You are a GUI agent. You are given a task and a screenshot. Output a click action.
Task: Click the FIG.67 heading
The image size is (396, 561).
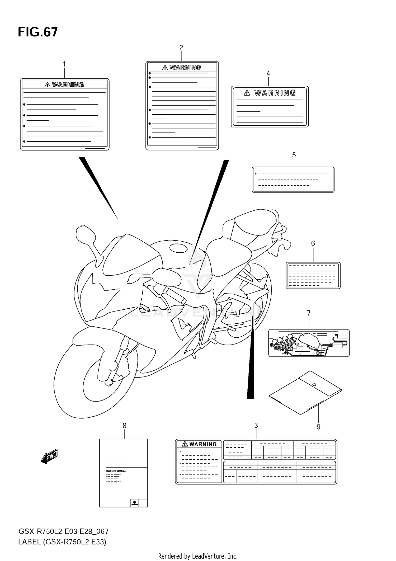click(x=38, y=32)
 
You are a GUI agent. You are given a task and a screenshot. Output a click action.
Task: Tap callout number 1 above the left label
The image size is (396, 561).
click(x=64, y=64)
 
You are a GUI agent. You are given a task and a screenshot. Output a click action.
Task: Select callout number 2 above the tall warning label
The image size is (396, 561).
click(x=181, y=48)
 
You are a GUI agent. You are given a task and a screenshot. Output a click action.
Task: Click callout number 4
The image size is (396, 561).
click(x=268, y=73)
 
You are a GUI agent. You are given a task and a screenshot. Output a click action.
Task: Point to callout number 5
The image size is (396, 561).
click(x=294, y=155)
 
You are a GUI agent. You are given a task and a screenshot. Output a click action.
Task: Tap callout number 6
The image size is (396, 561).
click(x=313, y=243)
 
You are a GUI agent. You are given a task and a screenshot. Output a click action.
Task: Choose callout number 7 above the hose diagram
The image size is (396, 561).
click(x=309, y=313)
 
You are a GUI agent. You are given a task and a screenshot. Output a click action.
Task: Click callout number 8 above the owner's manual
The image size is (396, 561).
click(x=124, y=426)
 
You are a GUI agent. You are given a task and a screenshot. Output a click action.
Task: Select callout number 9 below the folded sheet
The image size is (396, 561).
click(x=318, y=427)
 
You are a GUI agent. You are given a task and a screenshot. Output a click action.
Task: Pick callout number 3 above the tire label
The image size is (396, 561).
click(x=256, y=425)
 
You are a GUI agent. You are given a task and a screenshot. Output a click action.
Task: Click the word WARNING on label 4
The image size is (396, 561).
click(x=275, y=93)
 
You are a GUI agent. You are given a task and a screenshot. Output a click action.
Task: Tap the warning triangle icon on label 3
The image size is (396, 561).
click(x=185, y=444)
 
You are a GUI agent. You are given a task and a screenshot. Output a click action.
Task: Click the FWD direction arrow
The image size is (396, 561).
click(x=50, y=456)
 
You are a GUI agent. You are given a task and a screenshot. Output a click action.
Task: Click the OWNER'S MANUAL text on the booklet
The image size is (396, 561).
click(x=116, y=471)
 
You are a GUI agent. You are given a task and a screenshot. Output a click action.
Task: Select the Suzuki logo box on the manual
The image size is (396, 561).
click(x=134, y=503)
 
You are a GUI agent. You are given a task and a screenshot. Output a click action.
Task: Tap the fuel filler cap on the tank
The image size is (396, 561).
click(x=179, y=248)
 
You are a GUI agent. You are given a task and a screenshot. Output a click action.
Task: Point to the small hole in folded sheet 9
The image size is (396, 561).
click(x=314, y=384)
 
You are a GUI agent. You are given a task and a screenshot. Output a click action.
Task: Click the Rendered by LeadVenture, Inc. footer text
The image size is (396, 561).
click(x=198, y=556)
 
